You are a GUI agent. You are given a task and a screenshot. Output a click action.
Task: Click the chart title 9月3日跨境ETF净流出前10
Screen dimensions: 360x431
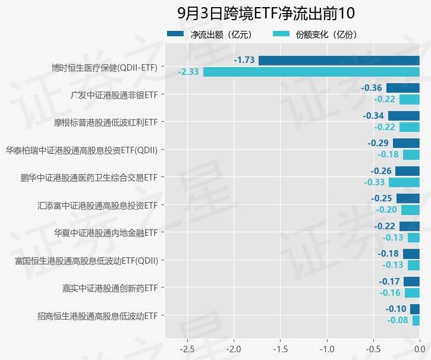(x=266, y=14)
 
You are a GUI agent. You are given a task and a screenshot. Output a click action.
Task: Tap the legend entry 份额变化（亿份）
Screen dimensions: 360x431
(x=314, y=34)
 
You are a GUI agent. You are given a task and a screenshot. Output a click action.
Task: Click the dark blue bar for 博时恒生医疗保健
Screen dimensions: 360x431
(x=339, y=60)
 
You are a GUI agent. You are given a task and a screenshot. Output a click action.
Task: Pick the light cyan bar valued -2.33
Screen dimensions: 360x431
(x=312, y=72)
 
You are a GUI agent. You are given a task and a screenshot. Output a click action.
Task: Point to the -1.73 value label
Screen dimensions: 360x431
(x=244, y=60)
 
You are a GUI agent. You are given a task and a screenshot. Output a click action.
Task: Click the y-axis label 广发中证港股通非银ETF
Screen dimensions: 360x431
(x=114, y=94)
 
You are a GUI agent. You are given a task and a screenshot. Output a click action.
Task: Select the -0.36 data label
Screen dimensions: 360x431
(x=372, y=88)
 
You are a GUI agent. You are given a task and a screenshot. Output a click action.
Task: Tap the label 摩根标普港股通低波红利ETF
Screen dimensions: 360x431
(x=105, y=122)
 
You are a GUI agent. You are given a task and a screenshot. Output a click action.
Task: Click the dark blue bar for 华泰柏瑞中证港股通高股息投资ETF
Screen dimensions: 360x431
(x=406, y=143)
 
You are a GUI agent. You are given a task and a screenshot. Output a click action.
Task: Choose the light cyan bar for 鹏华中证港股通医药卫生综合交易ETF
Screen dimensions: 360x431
(x=404, y=182)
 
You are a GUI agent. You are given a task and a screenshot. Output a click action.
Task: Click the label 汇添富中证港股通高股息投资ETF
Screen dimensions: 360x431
(x=97, y=206)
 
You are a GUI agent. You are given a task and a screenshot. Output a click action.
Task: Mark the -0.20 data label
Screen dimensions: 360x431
(x=386, y=210)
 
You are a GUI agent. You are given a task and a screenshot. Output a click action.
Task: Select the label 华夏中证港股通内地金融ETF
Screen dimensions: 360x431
(x=105, y=233)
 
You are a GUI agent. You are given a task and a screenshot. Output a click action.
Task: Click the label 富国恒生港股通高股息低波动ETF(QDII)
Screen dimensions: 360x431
(x=86, y=260)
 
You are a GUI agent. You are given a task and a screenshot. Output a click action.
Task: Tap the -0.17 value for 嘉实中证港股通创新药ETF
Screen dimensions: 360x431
(x=389, y=282)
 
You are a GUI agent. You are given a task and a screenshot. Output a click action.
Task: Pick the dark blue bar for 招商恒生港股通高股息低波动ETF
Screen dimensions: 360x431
(x=415, y=309)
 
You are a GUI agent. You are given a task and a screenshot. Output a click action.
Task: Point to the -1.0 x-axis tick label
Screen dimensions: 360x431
(x=326, y=348)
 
